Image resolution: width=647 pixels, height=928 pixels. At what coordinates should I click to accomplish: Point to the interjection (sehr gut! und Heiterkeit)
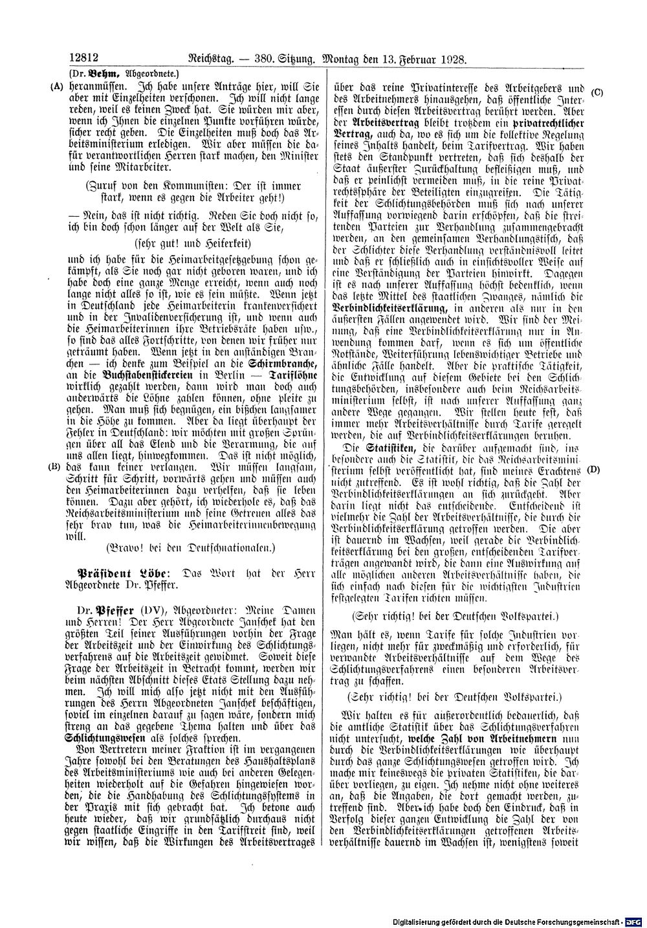point(193,243)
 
